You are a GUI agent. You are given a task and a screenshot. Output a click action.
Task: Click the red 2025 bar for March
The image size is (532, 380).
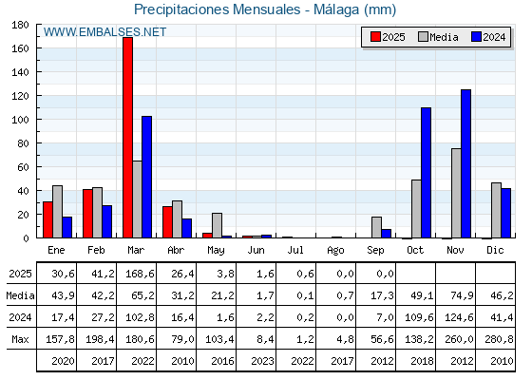point(128,138)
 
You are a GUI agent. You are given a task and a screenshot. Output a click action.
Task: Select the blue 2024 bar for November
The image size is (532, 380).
point(465,163)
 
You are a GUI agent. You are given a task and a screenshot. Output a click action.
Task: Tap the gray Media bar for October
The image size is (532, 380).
point(416,209)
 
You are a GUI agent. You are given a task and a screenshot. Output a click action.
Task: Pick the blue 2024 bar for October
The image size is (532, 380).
point(427,173)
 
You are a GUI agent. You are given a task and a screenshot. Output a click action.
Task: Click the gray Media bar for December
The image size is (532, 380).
point(496,210)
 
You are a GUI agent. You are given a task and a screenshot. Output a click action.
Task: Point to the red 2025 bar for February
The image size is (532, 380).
point(87,214)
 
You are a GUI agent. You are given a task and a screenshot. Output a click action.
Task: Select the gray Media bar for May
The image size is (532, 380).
point(218,225)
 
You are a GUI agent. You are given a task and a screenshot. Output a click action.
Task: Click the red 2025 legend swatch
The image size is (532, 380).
point(375,37)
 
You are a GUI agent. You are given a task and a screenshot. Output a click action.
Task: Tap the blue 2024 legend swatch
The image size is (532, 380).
point(476,37)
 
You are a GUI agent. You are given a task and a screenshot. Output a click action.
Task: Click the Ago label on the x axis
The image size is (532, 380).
point(336,251)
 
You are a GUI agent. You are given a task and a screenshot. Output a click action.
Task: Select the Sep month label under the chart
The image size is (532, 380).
point(375,250)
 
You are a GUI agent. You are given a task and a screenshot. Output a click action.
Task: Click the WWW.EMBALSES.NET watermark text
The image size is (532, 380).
point(104,32)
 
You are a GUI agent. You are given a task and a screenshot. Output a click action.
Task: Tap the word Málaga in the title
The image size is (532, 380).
point(336,9)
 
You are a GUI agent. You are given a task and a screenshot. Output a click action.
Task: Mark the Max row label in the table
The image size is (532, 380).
point(20,339)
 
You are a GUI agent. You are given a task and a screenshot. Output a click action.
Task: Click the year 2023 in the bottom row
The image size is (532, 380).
point(262,361)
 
